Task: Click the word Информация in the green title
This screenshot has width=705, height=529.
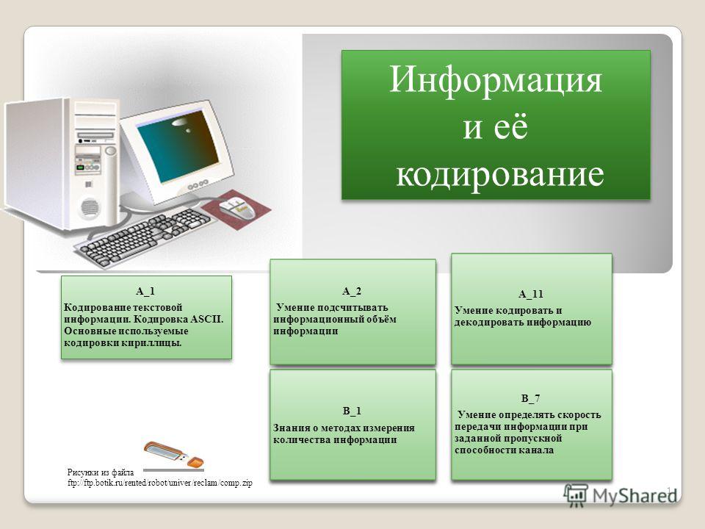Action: tap(496, 79)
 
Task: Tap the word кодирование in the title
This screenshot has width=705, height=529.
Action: tap(500, 174)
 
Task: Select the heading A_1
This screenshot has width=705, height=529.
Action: tap(145, 292)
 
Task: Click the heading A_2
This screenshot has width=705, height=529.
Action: tap(352, 292)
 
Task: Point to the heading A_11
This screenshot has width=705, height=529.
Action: tap(530, 294)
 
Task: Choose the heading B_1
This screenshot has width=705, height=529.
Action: tap(352, 411)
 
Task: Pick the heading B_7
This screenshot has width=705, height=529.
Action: tap(530, 398)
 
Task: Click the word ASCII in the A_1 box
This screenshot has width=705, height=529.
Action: tap(206, 320)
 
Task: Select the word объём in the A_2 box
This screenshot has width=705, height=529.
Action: tap(381, 319)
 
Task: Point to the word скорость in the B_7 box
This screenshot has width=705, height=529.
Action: tap(579, 414)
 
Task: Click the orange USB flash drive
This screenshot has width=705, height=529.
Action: tap(173, 454)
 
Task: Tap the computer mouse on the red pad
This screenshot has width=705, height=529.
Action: tap(236, 209)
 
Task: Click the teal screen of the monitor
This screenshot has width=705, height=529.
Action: tap(178, 147)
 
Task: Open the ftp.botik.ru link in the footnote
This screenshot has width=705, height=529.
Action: tap(159, 483)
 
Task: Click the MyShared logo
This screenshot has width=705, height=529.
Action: tap(621, 495)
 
